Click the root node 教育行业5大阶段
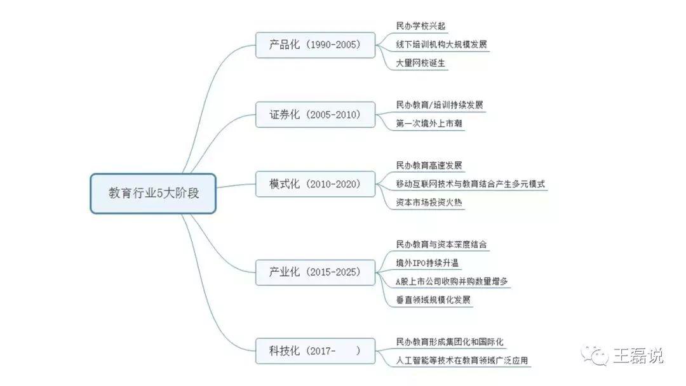[153, 193]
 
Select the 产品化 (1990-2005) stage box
[315, 44]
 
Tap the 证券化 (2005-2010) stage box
[315, 114]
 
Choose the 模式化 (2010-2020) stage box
[315, 184]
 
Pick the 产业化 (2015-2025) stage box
[315, 272]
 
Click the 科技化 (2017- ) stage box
[315, 350]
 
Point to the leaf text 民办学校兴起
[420, 26]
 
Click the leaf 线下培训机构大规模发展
[441, 44]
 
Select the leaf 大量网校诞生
[420, 63]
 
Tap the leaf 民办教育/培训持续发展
[440, 105]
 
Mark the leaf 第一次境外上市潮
[429, 124]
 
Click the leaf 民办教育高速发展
[429, 165]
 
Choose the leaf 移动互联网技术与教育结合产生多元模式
[470, 184]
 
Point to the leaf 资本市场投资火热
[429, 203]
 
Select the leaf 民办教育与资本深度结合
[441, 244]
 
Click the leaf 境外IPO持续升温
[427, 263]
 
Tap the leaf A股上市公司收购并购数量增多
[452, 281]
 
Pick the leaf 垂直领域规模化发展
[433, 300]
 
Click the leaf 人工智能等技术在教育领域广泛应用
[462, 361]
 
